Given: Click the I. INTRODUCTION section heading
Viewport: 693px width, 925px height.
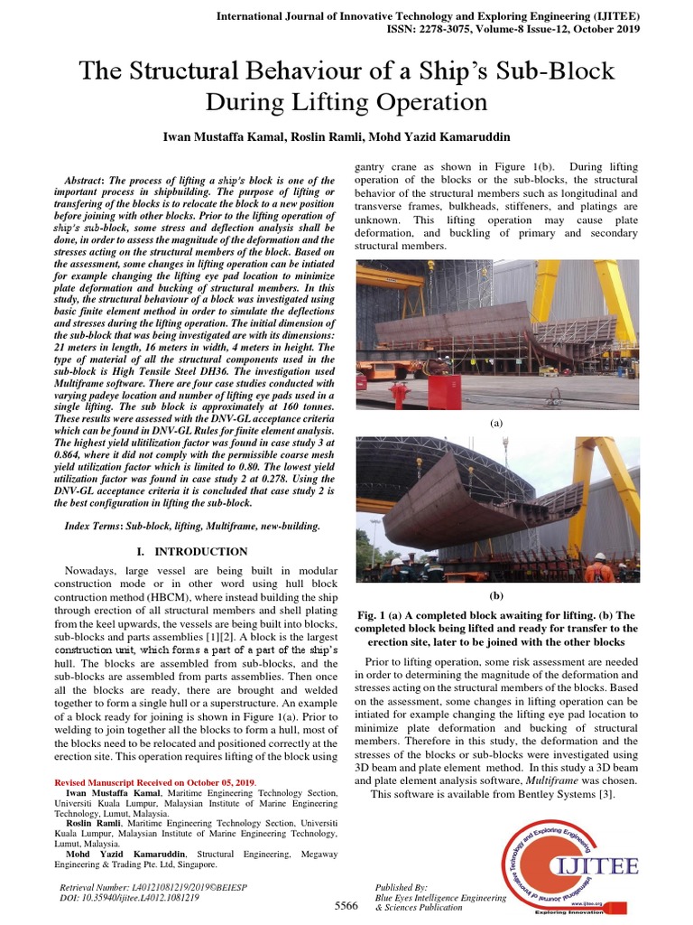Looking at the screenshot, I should tap(191, 551).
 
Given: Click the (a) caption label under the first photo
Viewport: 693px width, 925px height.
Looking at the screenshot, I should tap(495, 422).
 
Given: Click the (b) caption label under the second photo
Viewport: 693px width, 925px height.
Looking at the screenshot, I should tap(495, 595).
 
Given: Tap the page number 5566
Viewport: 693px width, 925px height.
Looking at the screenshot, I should tap(346, 905).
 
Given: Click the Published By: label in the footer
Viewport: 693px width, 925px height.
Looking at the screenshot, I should tap(402, 888).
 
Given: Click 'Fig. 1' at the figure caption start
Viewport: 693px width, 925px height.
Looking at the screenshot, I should tap(374, 613).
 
